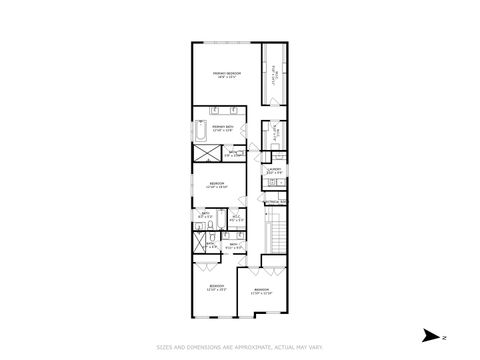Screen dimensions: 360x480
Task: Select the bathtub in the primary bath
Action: pyautogui.click(x=200, y=132)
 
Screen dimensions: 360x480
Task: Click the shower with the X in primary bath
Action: pyautogui.click(x=204, y=155)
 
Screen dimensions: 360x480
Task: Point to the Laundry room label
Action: pyautogui.click(x=273, y=171)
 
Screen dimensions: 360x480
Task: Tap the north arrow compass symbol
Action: pyautogui.click(x=430, y=334)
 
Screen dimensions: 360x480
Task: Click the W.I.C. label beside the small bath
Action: pyautogui.click(x=235, y=216)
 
